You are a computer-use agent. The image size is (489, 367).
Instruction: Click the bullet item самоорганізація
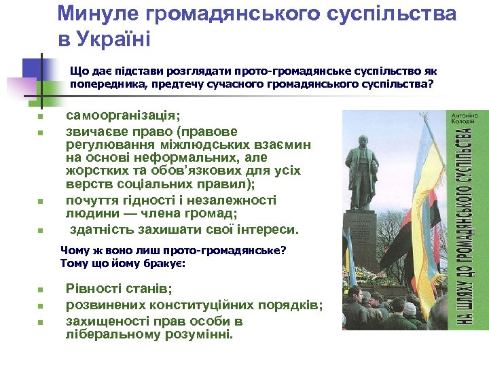pos(123,116)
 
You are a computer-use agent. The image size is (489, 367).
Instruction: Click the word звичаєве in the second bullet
pos(94,130)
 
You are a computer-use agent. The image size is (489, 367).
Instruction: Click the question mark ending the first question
pos(430,85)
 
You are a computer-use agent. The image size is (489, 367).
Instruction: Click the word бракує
pos(166,263)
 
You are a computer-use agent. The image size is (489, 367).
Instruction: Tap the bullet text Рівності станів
pos(119,288)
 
